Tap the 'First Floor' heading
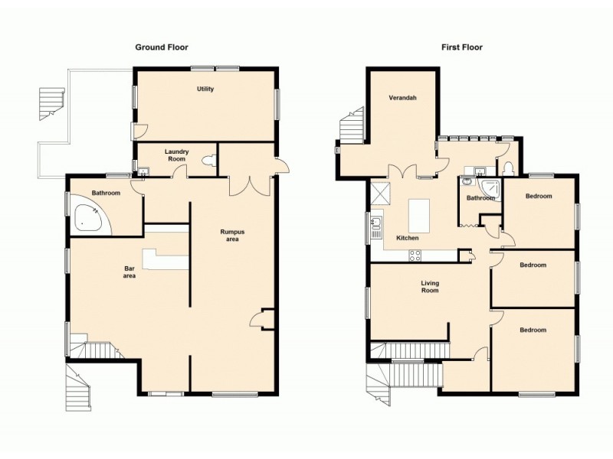pos(462,47)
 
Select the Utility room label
pos(205,90)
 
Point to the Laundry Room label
pos(177,155)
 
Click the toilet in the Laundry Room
pos(211,161)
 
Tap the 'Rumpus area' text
pos(231,235)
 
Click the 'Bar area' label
pos(130,272)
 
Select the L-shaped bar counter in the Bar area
pos(165,259)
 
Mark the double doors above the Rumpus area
pos(250,184)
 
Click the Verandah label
pos(402,98)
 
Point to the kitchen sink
pos(376,223)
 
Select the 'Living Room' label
pos(430,287)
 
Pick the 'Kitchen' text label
pos(407,239)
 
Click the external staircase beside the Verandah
pos(350,126)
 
